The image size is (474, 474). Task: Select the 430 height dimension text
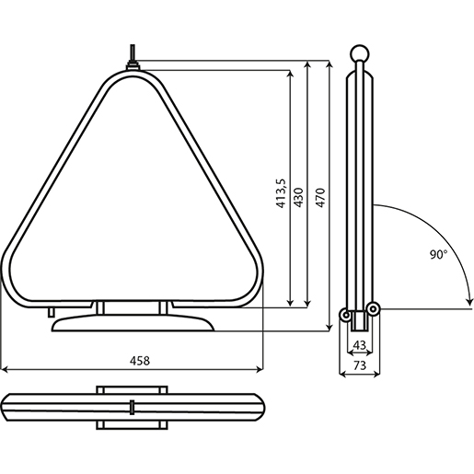[298, 199]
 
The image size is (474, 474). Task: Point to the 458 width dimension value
[139, 360]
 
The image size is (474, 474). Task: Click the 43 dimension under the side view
[360, 345]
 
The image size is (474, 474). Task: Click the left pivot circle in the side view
[347, 314]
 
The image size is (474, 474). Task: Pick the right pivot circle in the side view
[374, 308]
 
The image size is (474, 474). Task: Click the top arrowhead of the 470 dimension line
[329, 65]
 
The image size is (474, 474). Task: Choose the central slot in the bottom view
[133, 407]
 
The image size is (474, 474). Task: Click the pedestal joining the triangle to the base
[134, 306]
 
